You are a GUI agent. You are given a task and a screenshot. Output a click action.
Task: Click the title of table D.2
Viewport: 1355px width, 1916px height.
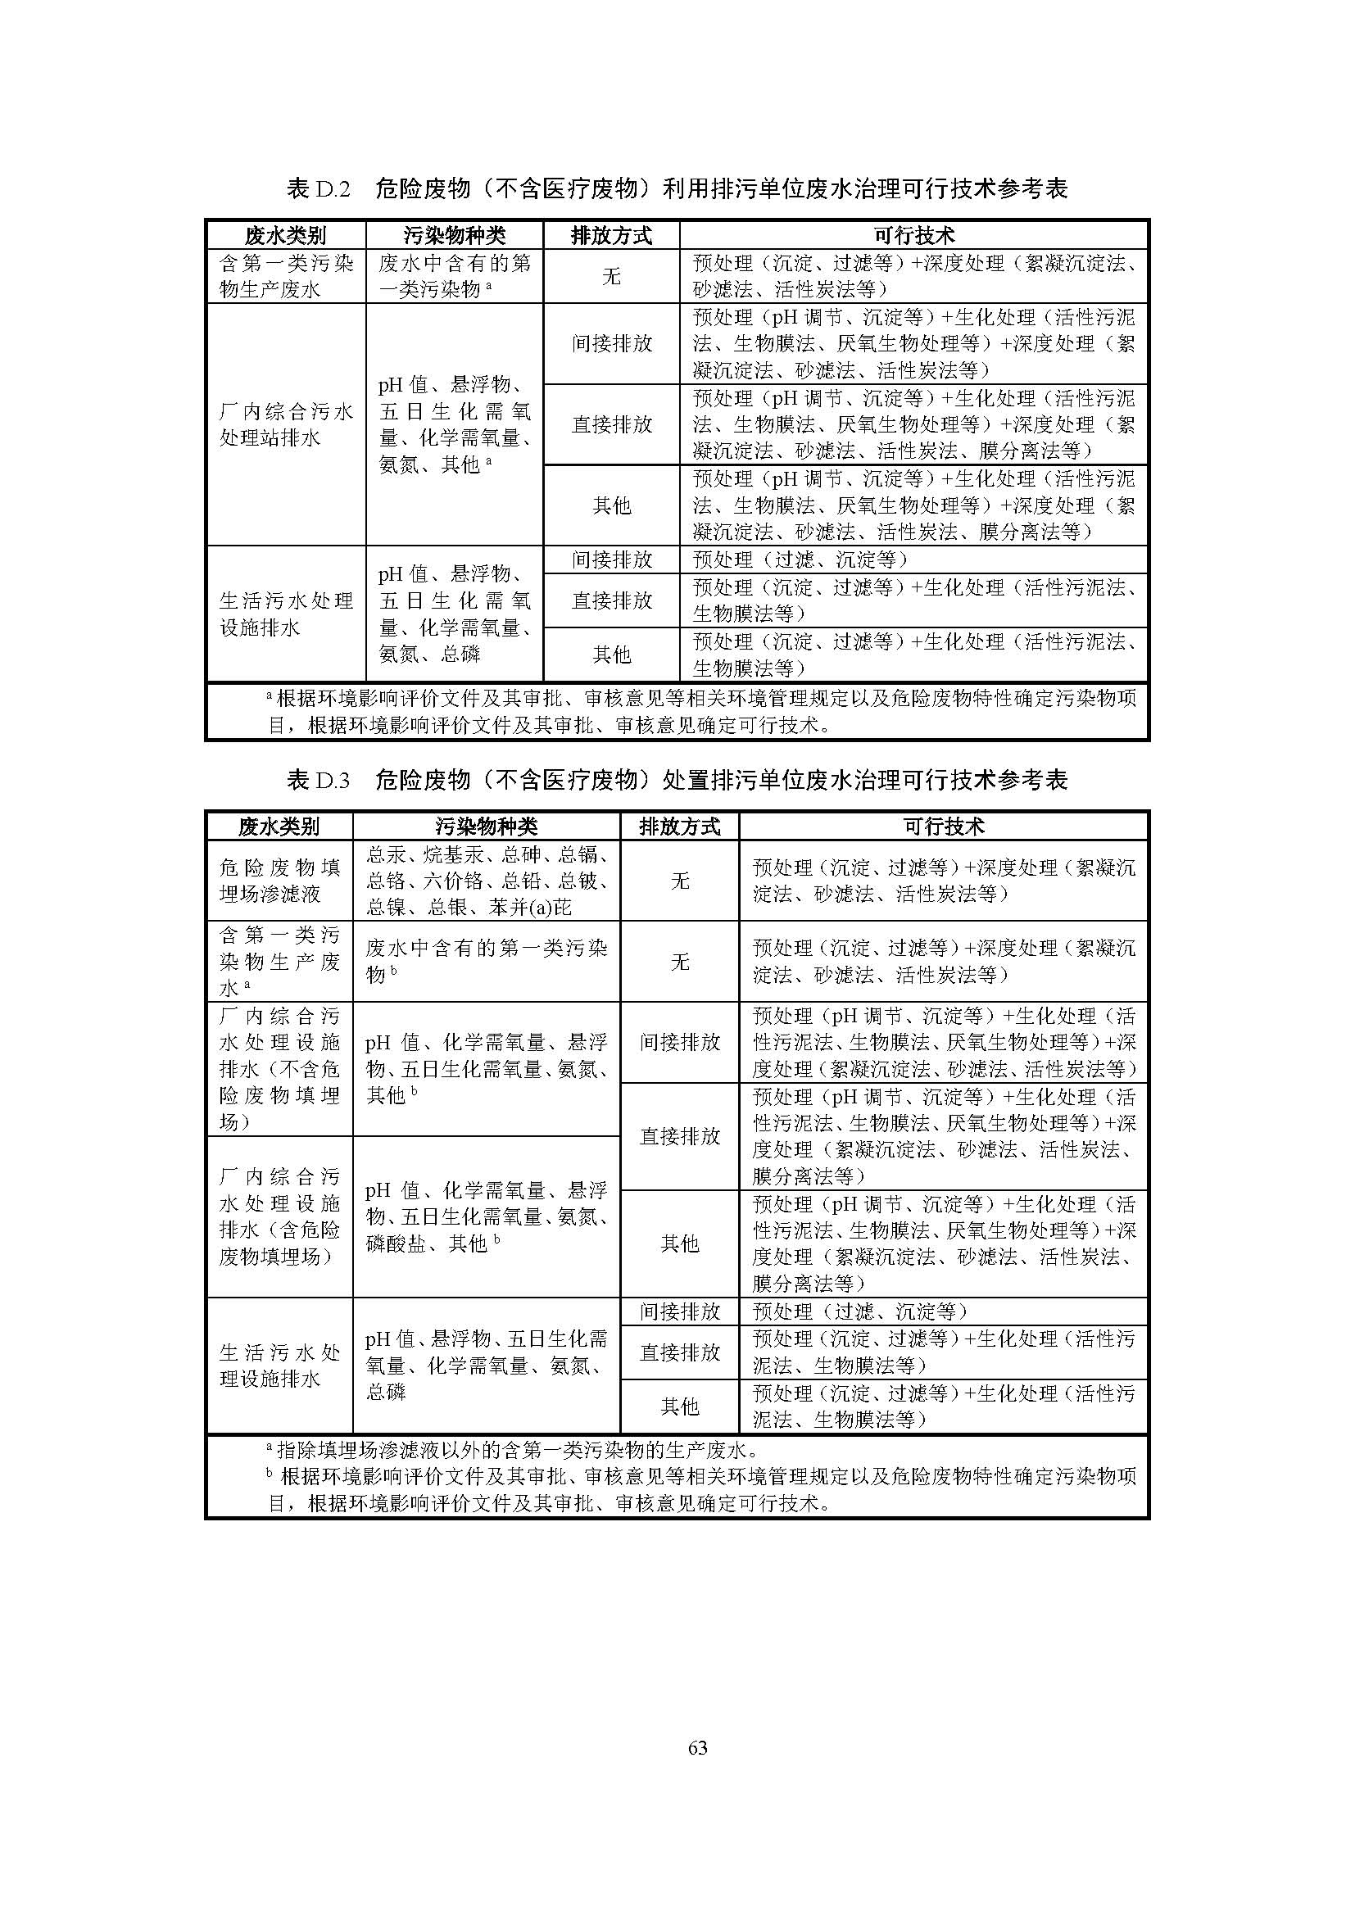(x=677, y=189)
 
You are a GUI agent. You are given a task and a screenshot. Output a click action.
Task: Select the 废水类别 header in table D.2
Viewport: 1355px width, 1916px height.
(x=285, y=235)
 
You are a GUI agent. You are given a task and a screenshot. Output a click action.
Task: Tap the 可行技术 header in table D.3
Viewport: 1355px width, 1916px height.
(x=943, y=827)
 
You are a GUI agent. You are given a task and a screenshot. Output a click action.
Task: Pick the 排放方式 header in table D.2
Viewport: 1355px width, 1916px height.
(x=611, y=235)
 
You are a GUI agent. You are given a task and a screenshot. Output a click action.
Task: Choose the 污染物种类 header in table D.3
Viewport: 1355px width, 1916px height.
(x=486, y=827)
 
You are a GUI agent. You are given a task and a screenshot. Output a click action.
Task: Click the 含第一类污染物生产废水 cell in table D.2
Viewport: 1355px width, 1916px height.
(x=285, y=276)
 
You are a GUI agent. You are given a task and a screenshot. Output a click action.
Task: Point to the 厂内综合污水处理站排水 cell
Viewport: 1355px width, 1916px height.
(x=285, y=424)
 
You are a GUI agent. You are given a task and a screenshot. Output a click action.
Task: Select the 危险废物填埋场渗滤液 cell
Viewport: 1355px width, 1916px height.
(x=279, y=881)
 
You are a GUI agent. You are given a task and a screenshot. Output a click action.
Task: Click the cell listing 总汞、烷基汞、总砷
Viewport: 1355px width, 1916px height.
(x=486, y=881)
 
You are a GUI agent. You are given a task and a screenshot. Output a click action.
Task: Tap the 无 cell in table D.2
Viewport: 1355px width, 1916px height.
(x=611, y=276)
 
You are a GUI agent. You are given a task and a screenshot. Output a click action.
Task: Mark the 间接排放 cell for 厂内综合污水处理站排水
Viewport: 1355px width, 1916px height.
(x=611, y=343)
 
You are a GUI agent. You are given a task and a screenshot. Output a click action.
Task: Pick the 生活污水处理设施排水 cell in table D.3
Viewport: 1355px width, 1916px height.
(x=279, y=1366)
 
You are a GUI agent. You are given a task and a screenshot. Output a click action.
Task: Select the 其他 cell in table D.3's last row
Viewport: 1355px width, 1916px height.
(x=679, y=1406)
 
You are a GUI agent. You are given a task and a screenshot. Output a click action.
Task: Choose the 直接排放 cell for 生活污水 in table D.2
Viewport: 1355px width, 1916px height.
(x=611, y=600)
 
